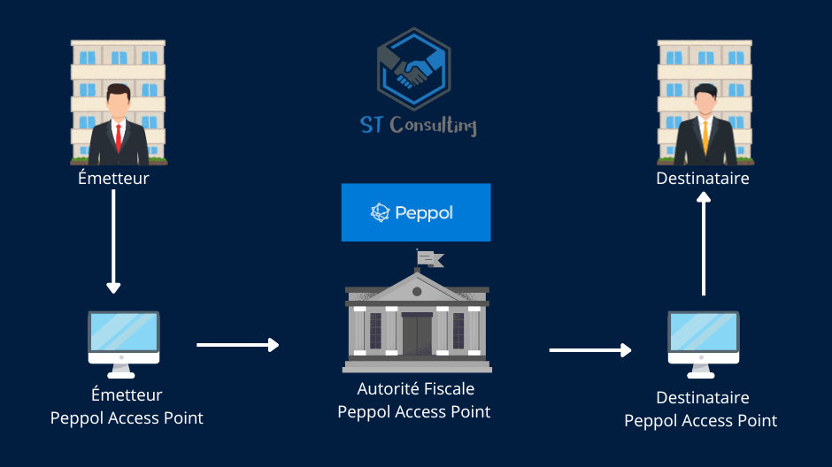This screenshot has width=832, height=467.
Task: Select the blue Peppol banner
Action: (415, 212)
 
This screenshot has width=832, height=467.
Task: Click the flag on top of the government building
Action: (431, 258)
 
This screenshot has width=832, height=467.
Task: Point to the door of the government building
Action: (416, 333)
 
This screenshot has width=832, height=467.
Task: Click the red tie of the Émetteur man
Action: (117, 138)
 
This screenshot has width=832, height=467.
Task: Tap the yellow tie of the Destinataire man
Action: (705, 138)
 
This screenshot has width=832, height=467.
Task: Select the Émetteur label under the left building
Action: (113, 179)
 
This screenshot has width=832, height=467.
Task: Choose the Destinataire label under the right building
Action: (703, 179)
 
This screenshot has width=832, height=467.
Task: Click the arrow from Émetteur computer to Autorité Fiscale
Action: (237, 344)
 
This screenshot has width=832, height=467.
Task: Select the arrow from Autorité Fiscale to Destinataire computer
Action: (589, 350)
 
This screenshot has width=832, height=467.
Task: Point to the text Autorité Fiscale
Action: (415, 389)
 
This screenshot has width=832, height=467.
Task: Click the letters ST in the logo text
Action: (371, 125)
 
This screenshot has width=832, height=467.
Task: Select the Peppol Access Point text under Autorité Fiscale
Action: (414, 411)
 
